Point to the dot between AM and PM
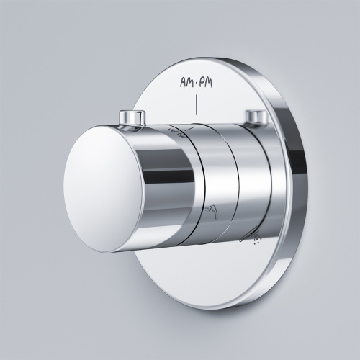click(197, 84)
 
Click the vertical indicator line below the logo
click(197, 105)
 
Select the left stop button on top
click(132, 119)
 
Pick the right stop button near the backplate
click(258, 117)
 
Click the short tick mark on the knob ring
click(190, 129)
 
